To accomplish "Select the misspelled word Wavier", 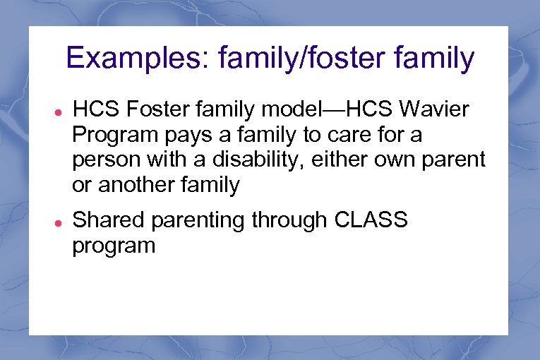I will [x=436, y=110].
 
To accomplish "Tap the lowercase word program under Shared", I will [x=113, y=247].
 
